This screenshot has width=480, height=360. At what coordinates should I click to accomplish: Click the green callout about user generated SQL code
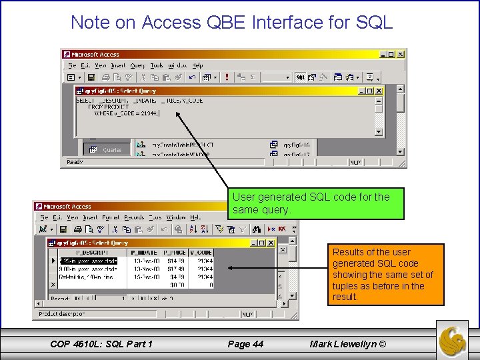317,203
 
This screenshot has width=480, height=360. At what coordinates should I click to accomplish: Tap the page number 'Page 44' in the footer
245,344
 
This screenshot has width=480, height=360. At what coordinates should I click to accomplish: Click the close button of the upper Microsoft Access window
401,54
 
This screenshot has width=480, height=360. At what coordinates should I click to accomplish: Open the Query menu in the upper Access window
137,65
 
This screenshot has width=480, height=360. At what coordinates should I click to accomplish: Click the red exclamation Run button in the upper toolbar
227,77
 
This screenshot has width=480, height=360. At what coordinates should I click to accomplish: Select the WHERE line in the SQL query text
127,113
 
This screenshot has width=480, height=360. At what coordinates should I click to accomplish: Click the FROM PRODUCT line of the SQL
107,107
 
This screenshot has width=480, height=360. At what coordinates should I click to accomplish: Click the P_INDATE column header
144,253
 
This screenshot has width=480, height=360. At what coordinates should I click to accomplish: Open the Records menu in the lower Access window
134,217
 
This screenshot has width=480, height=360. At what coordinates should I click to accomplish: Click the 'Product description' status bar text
62,313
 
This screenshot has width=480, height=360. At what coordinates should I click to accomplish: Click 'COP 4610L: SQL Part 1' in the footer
101,344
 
